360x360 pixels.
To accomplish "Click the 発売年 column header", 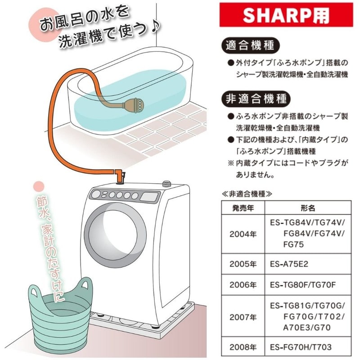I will (x=243, y=208).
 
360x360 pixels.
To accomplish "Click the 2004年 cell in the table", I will (x=243, y=234).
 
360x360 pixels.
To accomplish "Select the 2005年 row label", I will (x=243, y=263).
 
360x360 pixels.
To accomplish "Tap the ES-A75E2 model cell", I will (x=289, y=263).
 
